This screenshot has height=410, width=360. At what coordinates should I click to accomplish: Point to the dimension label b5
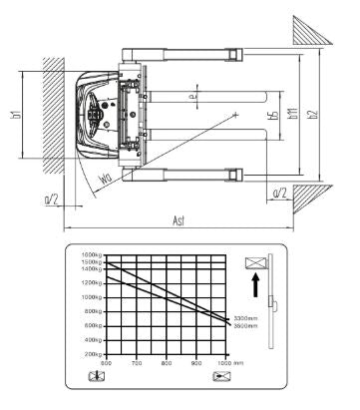(x=273, y=117)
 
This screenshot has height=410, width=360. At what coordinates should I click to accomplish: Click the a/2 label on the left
(x=52, y=200)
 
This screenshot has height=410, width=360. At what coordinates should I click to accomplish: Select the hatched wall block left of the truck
(x=53, y=107)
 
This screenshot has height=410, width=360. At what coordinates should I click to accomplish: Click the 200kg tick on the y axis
(x=94, y=354)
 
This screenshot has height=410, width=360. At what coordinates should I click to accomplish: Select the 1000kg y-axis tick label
(x=93, y=297)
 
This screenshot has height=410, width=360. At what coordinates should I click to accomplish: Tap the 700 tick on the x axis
(x=137, y=364)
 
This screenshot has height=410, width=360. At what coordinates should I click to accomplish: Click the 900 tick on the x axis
(x=195, y=364)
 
